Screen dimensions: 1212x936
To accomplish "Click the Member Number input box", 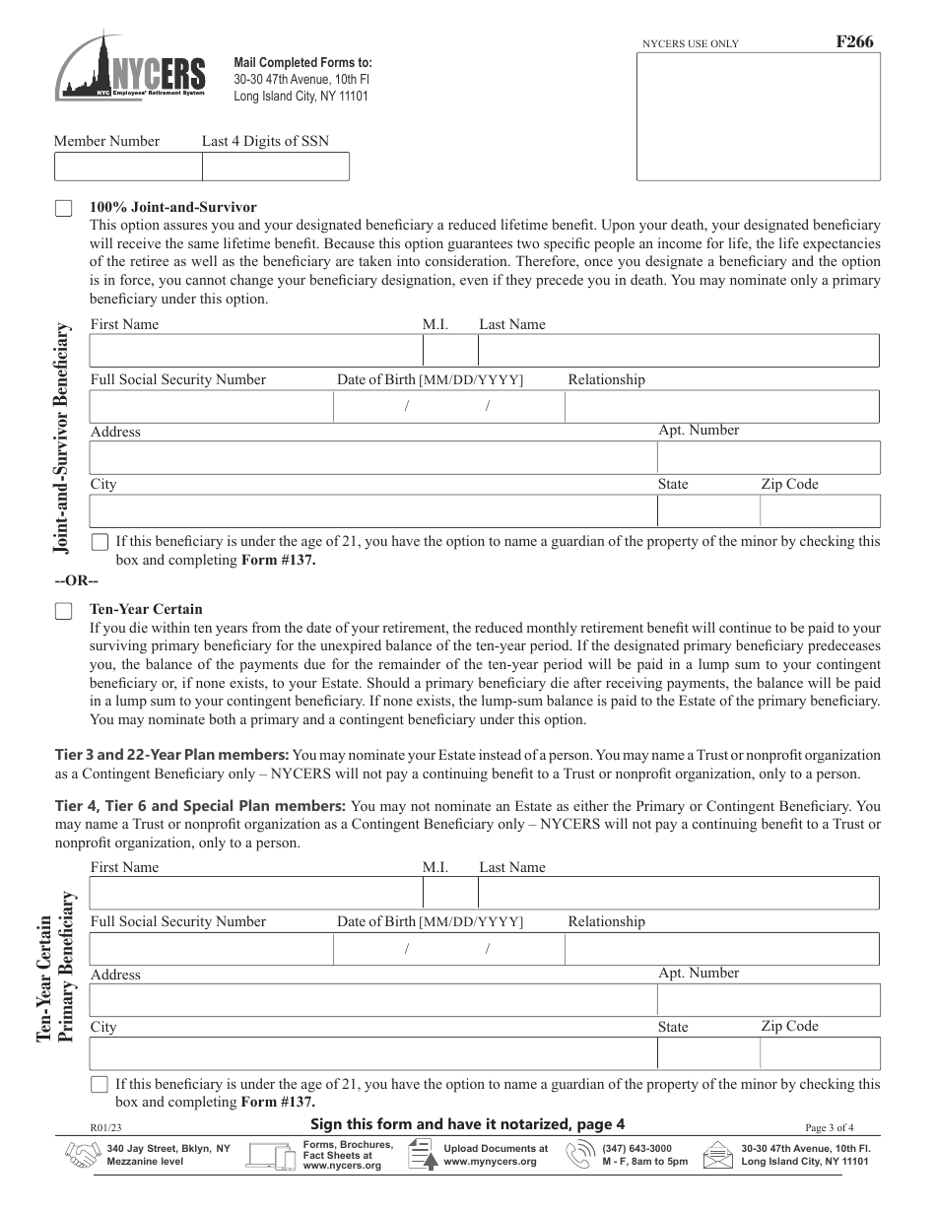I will point(127,167).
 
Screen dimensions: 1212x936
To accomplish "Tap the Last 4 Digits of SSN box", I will point(275,167).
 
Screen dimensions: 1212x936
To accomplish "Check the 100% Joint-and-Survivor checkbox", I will point(63,208).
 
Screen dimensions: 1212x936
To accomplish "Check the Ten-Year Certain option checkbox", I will point(63,611).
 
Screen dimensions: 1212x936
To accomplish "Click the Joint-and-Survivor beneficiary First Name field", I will point(255,351).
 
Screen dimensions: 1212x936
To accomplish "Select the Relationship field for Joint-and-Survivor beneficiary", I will point(721,407).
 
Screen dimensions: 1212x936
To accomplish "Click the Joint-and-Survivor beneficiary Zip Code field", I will point(819,510).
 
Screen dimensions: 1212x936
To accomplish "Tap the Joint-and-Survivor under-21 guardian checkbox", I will point(100,542).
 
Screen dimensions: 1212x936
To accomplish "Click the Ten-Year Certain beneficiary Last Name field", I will point(678,894).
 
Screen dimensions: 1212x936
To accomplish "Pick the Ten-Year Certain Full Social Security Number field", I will point(211,949).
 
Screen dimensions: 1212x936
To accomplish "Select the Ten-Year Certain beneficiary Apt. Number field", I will point(768,1000).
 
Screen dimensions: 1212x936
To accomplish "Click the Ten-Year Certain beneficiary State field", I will point(707,1053).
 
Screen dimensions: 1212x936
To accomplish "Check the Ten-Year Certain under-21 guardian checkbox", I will point(100,1085).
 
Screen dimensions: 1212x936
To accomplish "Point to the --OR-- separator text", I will point(76,579).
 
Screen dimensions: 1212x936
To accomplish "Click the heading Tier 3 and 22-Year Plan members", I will point(171,755).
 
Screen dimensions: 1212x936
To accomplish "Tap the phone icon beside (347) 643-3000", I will point(579,1155).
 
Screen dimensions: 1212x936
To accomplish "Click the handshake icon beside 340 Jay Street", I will point(82,1155).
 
